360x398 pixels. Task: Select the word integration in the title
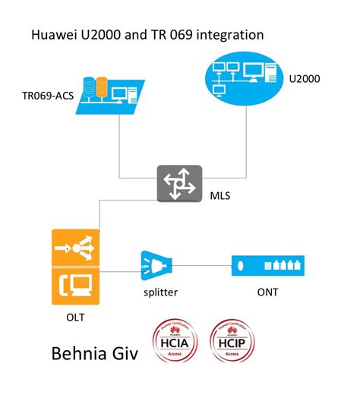[229, 35]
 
